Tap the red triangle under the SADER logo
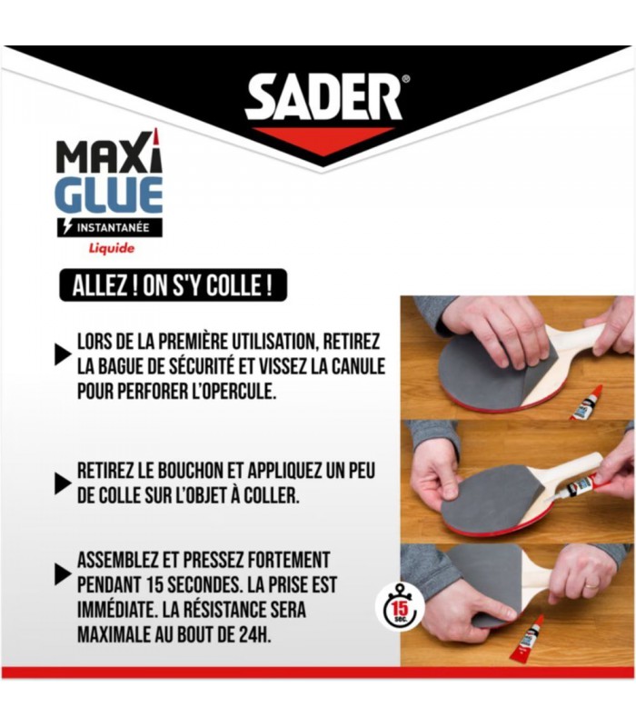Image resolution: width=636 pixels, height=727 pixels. (x=323, y=141)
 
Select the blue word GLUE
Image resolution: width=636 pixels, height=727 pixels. (x=109, y=194)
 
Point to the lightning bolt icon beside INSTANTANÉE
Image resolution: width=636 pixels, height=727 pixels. (x=67, y=227)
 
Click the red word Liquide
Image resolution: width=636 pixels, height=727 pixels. (x=112, y=248)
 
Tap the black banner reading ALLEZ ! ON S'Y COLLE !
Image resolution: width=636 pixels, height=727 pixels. (x=173, y=285)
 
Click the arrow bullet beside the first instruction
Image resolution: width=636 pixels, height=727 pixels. (x=63, y=354)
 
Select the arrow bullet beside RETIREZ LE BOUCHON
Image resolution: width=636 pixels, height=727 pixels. (x=63, y=483)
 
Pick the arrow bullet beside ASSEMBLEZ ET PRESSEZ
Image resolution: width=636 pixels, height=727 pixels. (x=63, y=574)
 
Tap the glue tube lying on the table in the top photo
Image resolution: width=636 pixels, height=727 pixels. (x=586, y=403)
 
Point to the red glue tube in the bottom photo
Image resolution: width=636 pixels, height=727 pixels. (x=527, y=639)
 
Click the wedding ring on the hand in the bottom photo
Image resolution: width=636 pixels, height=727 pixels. (x=591, y=585)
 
